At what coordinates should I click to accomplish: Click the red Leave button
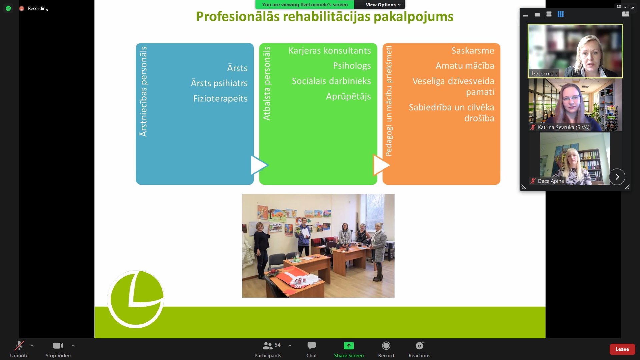point(622,349)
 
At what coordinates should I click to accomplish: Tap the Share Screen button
point(349,346)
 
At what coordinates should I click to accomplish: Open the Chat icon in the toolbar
point(311,346)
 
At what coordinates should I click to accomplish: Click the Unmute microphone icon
point(19,346)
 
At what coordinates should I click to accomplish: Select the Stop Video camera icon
point(58,346)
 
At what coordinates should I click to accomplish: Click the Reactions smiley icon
point(420,345)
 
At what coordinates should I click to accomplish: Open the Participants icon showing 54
point(268,346)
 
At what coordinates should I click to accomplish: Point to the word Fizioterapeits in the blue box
point(220,98)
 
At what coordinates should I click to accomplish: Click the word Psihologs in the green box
point(352,66)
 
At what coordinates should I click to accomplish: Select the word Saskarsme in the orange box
point(473,50)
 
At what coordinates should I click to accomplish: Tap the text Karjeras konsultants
point(330,50)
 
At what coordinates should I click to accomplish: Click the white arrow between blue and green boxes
point(259,165)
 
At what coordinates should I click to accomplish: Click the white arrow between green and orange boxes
point(381,165)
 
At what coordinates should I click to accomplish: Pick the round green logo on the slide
point(136,299)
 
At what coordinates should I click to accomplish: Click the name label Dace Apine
point(551,181)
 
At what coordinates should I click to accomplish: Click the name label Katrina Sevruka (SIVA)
point(563,127)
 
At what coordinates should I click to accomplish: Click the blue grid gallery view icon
point(560,14)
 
